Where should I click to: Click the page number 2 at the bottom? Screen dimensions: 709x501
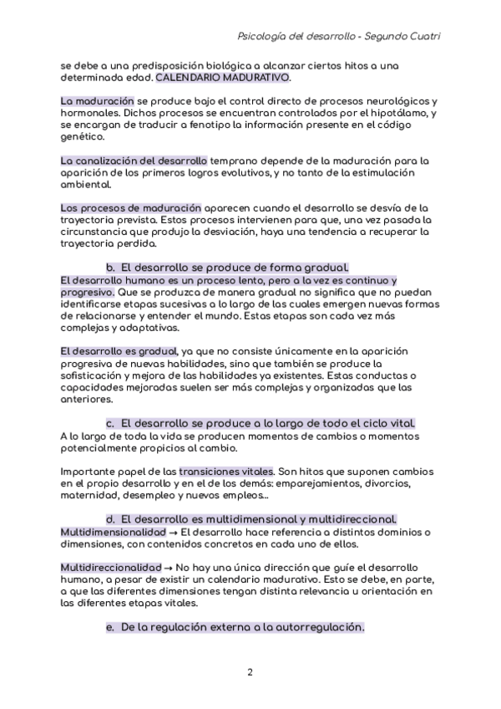[250, 671]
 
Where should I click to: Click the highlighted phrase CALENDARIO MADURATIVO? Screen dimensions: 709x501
[223, 77]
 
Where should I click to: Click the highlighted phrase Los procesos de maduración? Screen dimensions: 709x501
[131, 207]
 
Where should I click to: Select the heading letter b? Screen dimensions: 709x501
[109, 267]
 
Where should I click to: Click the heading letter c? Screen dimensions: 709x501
[109, 424]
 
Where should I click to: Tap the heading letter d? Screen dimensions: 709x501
[109, 519]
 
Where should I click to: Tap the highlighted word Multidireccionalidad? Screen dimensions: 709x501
[112, 568]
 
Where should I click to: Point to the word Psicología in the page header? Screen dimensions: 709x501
[263, 37]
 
